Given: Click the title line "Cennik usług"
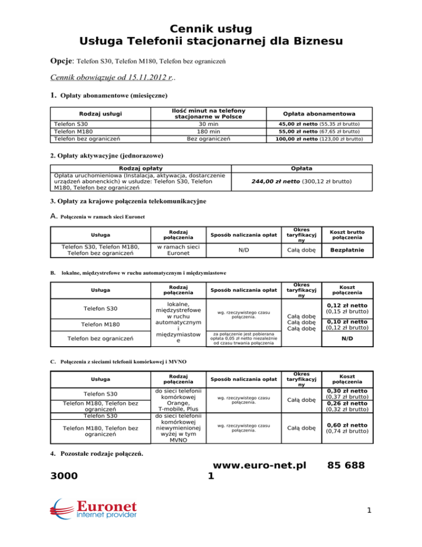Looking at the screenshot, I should [x=211, y=28].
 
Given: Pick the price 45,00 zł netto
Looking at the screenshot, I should [x=307, y=124].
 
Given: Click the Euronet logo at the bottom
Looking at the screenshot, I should [x=94, y=515].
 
